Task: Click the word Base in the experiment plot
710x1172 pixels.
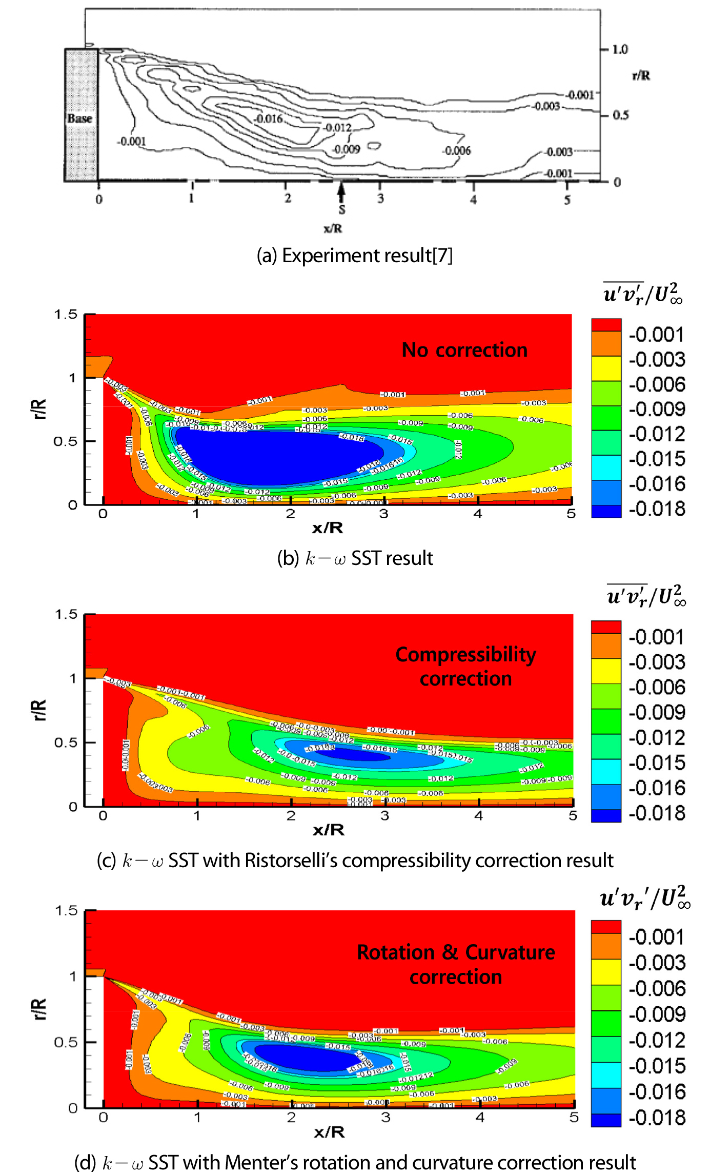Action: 79,118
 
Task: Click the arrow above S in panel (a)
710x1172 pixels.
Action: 341,191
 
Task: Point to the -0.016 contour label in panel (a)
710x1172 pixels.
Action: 269,119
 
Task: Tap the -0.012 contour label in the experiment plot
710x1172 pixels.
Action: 338,127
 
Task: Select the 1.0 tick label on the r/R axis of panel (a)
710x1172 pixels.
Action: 620,49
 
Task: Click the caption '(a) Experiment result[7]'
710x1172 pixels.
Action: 355,255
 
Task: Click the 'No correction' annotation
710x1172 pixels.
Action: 464,350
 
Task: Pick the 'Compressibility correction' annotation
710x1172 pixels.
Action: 465,666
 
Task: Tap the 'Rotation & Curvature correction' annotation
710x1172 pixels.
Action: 456,964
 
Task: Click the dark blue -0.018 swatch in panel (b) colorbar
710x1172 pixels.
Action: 606,511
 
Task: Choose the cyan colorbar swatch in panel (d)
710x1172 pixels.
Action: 606,1075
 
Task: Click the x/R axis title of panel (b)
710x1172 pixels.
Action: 328,528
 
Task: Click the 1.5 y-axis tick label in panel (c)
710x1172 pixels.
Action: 66,614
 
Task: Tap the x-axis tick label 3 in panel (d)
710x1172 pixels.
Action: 386,1117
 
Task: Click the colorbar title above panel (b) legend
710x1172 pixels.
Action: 643,294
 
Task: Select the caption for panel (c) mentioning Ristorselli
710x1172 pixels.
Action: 355,860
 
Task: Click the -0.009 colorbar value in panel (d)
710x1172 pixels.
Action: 657,1014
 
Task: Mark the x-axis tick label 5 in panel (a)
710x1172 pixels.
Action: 567,200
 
